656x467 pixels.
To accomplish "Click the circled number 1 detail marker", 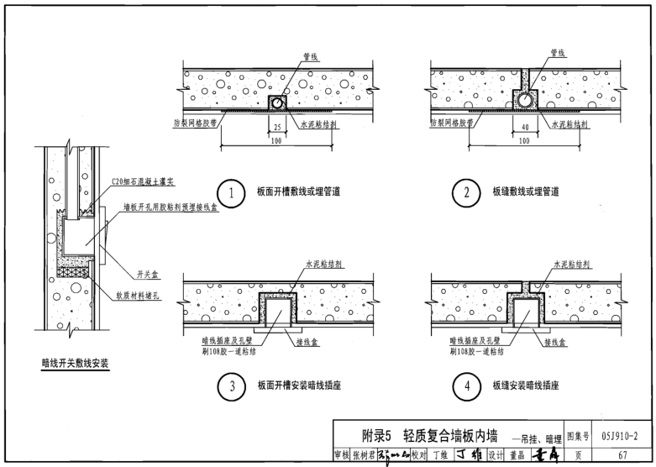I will pyautogui.click(x=226, y=192).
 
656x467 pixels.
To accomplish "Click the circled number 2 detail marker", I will pyautogui.click(x=466, y=192).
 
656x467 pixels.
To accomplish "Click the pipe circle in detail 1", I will pyautogui.click(x=276, y=102).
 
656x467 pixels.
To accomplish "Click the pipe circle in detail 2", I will pyautogui.click(x=524, y=99).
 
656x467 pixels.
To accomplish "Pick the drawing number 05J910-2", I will pyautogui.click(x=621, y=434).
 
